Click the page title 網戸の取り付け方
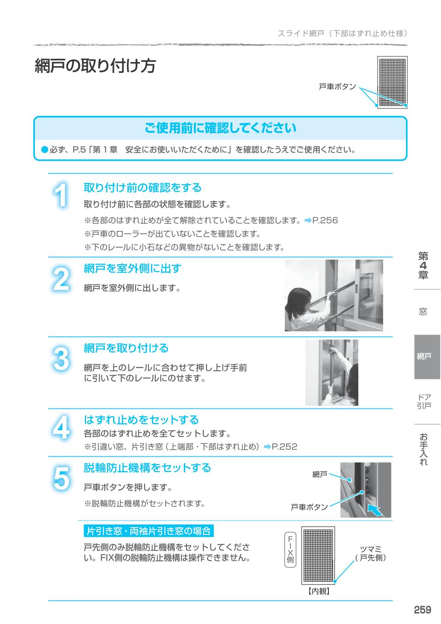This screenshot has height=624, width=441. [x=95, y=66]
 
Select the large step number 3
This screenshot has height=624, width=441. [x=61, y=358]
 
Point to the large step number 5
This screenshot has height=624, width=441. [x=61, y=478]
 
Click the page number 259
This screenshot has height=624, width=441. [x=422, y=610]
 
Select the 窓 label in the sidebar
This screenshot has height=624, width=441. [x=423, y=312]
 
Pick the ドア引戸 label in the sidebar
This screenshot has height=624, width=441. [x=424, y=401]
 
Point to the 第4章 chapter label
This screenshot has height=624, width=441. [x=423, y=266]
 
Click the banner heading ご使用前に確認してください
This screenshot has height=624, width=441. [x=220, y=128]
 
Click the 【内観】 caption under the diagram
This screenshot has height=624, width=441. [x=318, y=591]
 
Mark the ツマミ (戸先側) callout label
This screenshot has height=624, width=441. [x=371, y=554]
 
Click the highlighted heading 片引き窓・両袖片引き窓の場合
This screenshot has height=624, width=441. [x=149, y=531]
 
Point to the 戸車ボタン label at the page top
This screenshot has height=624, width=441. [x=337, y=86]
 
